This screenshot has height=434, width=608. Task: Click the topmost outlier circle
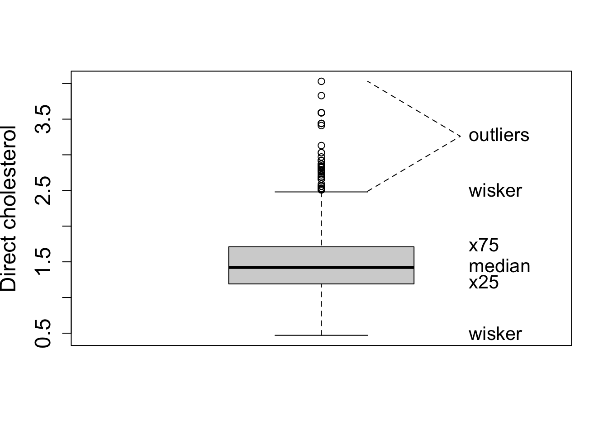pos(321,81)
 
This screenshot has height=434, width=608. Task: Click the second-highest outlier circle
pos(321,95)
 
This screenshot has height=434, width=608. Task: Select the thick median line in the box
pos(321,268)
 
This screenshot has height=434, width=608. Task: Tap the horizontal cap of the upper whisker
pos(299,192)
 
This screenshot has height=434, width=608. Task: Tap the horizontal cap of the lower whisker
pos(299,335)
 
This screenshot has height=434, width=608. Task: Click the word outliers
pos(499,135)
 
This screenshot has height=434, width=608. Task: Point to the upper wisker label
pos(495,191)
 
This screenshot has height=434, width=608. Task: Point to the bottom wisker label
pos(495,334)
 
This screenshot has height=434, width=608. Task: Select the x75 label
pos(483,245)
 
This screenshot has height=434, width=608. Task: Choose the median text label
pos(499,266)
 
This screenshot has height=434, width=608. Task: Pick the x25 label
pos(483,283)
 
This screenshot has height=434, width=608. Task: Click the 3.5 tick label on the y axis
pos(44,119)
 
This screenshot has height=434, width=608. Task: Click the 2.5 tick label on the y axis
pos(44,190)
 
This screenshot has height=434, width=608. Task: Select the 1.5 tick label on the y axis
pos(44,262)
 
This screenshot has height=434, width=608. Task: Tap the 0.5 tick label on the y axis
pos(44,333)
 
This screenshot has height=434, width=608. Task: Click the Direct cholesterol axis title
pos(9,208)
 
